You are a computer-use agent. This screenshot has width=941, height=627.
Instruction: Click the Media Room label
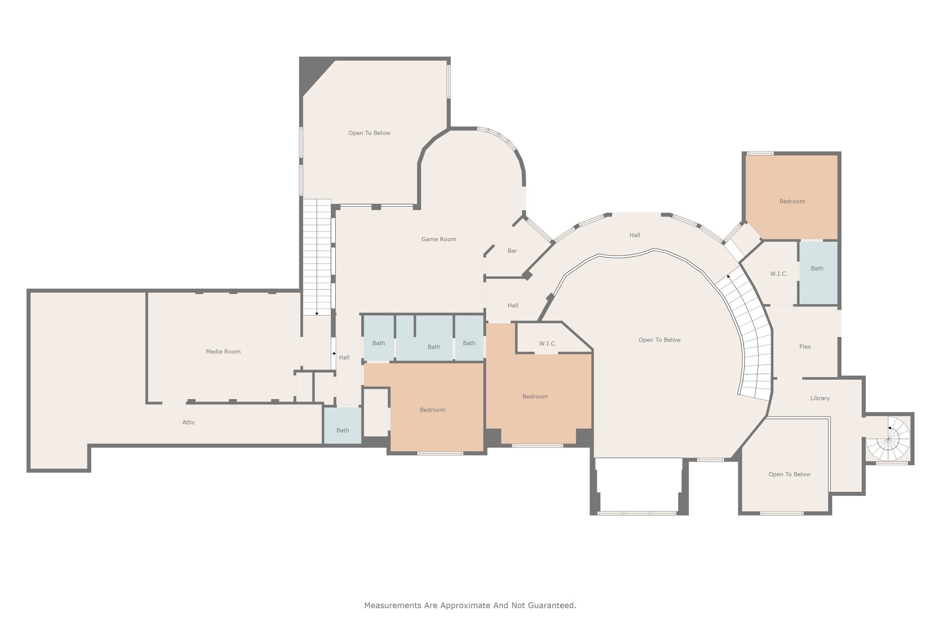pyautogui.click(x=223, y=351)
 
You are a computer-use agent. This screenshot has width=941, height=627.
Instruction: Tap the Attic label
pyautogui.click(x=188, y=422)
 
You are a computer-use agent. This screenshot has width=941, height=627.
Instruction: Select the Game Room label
pyautogui.click(x=439, y=239)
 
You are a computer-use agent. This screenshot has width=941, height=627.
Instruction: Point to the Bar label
pyautogui.click(x=512, y=251)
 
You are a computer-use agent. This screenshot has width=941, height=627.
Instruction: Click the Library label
pyautogui.click(x=820, y=398)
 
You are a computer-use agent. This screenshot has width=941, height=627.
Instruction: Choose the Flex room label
pyautogui.click(x=805, y=347)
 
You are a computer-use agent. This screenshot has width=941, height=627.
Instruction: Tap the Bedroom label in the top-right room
pyautogui.click(x=792, y=201)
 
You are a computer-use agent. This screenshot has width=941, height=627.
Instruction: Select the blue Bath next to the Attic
pyautogui.click(x=342, y=430)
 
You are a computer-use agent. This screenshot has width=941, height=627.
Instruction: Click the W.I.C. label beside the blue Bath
pyautogui.click(x=779, y=274)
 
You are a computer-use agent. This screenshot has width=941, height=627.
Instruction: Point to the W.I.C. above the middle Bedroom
pyautogui.click(x=548, y=344)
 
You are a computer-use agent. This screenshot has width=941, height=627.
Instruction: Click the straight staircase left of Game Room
pyautogui.click(x=317, y=257)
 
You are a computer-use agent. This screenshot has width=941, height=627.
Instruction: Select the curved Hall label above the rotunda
pyautogui.click(x=635, y=235)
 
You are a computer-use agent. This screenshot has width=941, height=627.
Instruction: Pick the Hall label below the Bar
pyautogui.click(x=513, y=305)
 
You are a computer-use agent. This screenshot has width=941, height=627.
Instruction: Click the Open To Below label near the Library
pyautogui.click(x=789, y=474)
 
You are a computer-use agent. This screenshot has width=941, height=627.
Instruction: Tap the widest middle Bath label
pyautogui.click(x=434, y=347)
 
